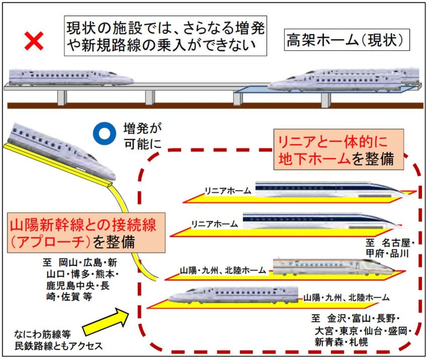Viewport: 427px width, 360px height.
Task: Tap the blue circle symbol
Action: point(104,132)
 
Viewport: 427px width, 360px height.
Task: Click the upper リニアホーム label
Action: point(228,191)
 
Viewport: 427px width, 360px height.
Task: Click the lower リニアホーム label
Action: point(214,224)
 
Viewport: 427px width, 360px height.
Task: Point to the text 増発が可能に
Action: point(142,136)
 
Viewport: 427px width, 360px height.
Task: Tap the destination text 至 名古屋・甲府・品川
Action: point(390,248)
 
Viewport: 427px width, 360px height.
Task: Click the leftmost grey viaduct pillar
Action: point(62,97)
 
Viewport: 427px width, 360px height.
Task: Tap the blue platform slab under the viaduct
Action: point(249,91)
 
